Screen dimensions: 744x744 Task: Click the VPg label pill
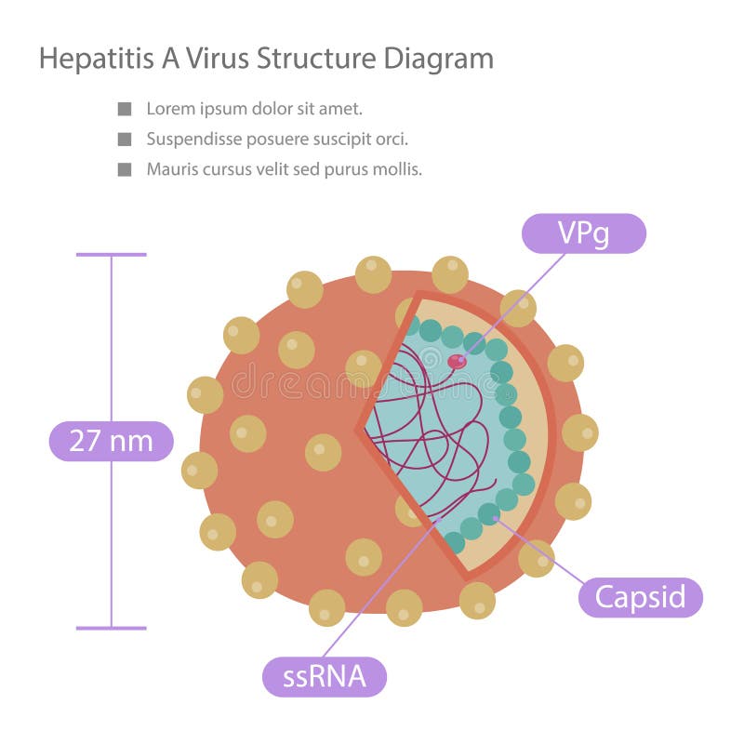coord(584,233)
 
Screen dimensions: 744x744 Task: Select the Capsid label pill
coord(640,597)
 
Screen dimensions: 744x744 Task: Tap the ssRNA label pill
coord(325,677)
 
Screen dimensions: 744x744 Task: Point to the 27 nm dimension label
coord(112,441)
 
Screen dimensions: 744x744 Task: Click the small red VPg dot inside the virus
coord(457,362)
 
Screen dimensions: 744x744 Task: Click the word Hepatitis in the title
coord(97,59)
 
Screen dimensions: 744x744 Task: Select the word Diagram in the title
coord(438,60)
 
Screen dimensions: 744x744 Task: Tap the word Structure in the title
coord(316,59)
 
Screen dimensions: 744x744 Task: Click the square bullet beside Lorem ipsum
coord(125,109)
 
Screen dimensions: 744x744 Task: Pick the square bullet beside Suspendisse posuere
coord(125,139)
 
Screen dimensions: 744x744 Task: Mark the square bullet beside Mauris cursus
coord(125,169)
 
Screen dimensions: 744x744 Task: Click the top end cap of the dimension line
coord(112,255)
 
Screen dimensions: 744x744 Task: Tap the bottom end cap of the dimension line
coord(112,629)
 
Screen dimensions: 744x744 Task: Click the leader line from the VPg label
coord(513,307)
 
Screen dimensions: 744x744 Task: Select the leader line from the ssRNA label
coord(381,589)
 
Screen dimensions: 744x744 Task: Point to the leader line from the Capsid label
coord(540,551)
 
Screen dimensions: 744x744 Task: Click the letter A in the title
coord(171,59)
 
